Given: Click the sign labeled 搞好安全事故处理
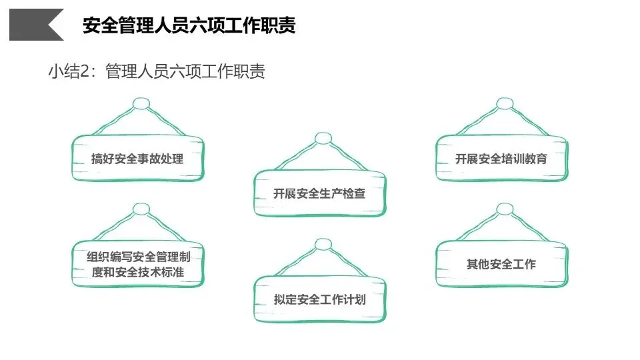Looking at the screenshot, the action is pyautogui.click(x=137, y=159).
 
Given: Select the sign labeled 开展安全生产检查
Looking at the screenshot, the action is pyautogui.click(x=319, y=194).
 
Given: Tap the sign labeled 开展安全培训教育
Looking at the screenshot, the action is pyautogui.click(x=501, y=159).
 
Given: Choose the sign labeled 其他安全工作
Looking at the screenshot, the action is pyautogui.click(x=501, y=264).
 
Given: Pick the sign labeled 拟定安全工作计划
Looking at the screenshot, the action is pyautogui.click(x=319, y=299).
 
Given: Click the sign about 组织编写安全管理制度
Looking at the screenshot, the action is pyautogui.click(x=137, y=264).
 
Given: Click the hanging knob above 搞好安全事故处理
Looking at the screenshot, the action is pyautogui.click(x=141, y=104).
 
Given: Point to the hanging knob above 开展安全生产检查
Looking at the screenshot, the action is pyautogui.click(x=323, y=139).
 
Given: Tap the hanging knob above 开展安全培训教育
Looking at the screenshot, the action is pyautogui.click(x=505, y=104).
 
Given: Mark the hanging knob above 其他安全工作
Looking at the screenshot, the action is pyautogui.click(x=505, y=209).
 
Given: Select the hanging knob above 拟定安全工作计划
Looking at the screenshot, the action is pyautogui.click(x=323, y=244).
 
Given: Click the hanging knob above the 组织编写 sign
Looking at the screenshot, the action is pyautogui.click(x=141, y=209).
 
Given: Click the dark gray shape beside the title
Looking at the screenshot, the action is pyautogui.click(x=33, y=25).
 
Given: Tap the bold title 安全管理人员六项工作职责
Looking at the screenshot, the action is pyautogui.click(x=189, y=25).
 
